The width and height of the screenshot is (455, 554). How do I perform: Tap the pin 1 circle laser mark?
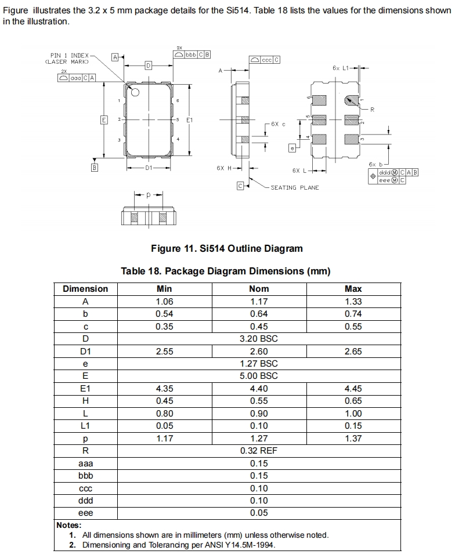click(x=135, y=92)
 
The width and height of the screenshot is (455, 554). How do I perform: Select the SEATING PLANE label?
click(x=294, y=187)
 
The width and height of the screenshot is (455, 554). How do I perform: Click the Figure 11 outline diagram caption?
click(x=226, y=248)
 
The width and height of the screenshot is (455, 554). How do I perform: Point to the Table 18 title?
click(x=226, y=271)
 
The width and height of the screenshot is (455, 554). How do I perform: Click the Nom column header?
click(x=259, y=289)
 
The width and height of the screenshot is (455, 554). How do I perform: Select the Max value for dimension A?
click(x=353, y=301)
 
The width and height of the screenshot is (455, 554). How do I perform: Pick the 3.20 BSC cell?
click(x=259, y=339)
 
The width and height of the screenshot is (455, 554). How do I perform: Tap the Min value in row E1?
click(x=164, y=389)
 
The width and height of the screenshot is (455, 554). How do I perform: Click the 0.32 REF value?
click(x=259, y=451)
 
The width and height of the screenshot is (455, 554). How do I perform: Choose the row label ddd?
click(x=85, y=501)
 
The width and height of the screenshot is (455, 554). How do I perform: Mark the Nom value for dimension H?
click(x=259, y=401)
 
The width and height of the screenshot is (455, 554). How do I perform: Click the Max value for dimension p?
click(x=353, y=439)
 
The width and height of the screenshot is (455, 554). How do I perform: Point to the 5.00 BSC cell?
click(x=259, y=376)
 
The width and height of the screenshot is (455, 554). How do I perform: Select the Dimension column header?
click(x=85, y=289)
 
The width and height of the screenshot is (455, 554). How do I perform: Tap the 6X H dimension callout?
click(x=223, y=168)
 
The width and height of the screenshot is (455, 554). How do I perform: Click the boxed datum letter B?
click(x=95, y=168)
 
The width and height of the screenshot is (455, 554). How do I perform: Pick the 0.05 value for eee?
click(x=259, y=513)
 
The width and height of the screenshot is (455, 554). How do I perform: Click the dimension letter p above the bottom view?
click(x=147, y=195)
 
